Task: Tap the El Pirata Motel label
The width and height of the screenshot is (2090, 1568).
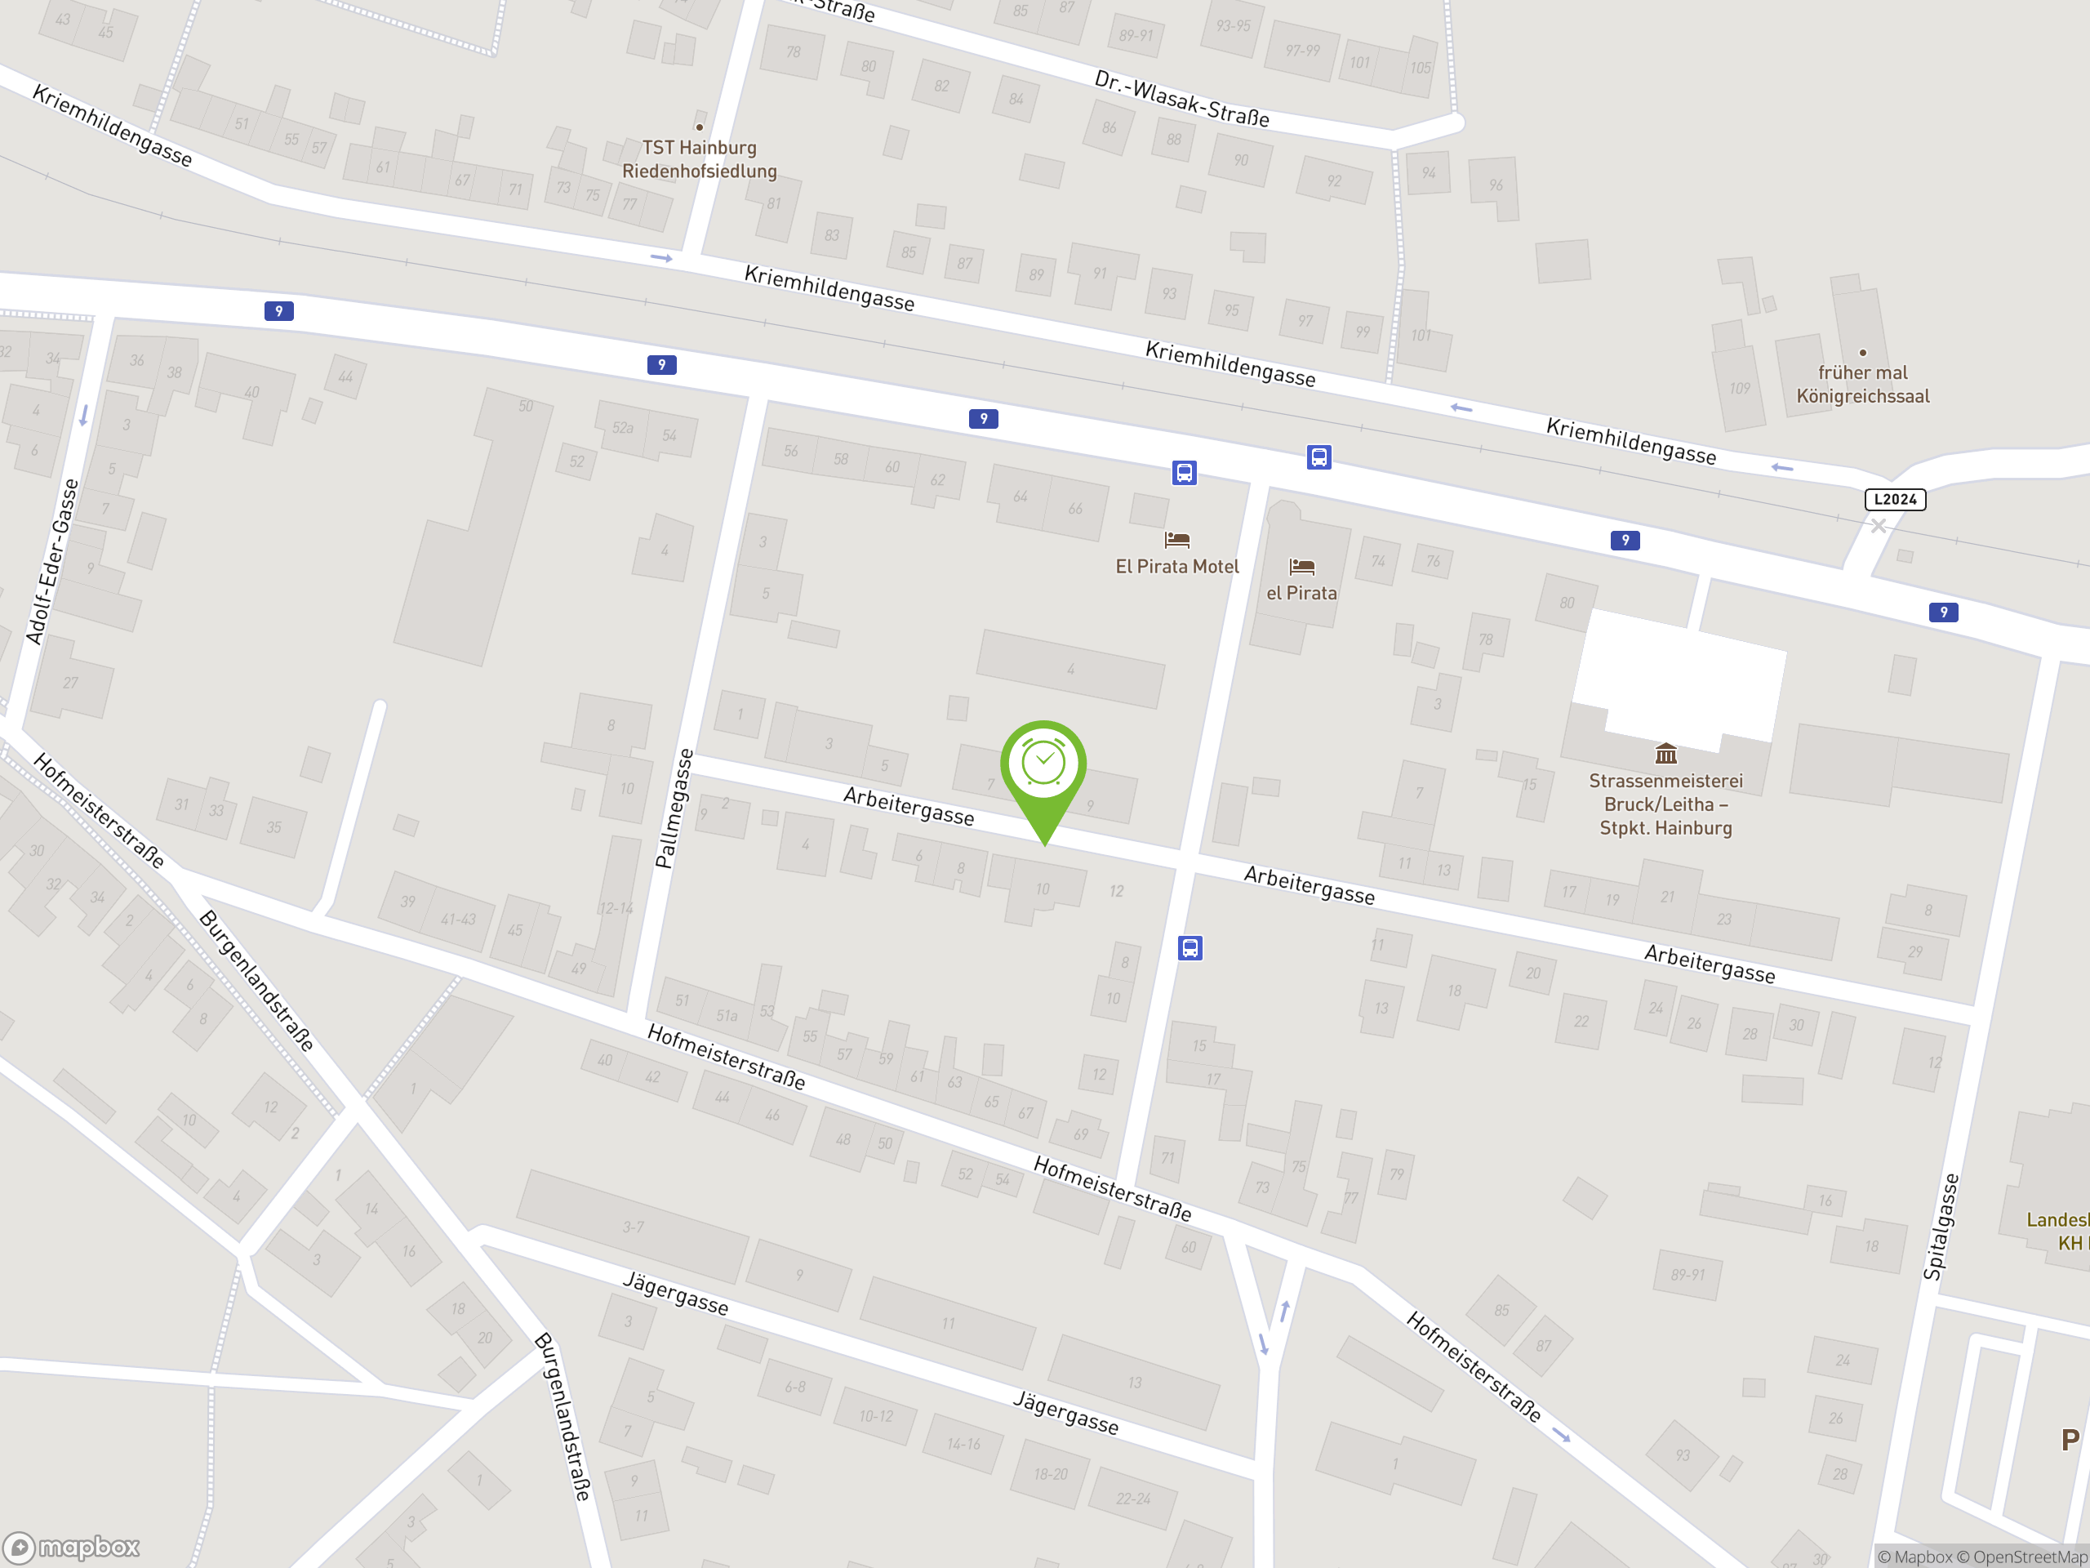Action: coord(1176,566)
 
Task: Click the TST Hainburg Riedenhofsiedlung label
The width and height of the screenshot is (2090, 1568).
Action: coord(699,158)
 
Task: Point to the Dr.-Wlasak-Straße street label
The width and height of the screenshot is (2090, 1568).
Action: coord(1181,98)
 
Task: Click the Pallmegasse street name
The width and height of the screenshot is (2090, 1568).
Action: coord(674,808)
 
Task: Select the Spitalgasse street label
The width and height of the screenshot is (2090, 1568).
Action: coord(1941,1227)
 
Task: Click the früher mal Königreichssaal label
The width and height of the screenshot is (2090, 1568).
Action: coord(1862,384)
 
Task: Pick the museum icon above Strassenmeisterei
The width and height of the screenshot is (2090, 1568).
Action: coord(1665,753)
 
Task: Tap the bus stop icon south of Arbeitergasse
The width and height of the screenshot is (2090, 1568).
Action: coord(1190,948)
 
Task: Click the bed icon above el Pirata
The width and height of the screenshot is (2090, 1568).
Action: coord(1302,566)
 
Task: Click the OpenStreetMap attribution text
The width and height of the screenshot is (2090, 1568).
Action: coord(2030,1557)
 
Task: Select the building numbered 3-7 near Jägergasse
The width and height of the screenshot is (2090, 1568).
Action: coord(633,1227)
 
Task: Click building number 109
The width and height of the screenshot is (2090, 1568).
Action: coord(1740,389)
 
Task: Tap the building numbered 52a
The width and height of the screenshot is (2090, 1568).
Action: coord(623,428)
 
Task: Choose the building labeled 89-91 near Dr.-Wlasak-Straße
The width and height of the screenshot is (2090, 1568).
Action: coord(1136,36)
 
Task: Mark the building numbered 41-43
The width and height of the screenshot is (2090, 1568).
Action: coord(458,919)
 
